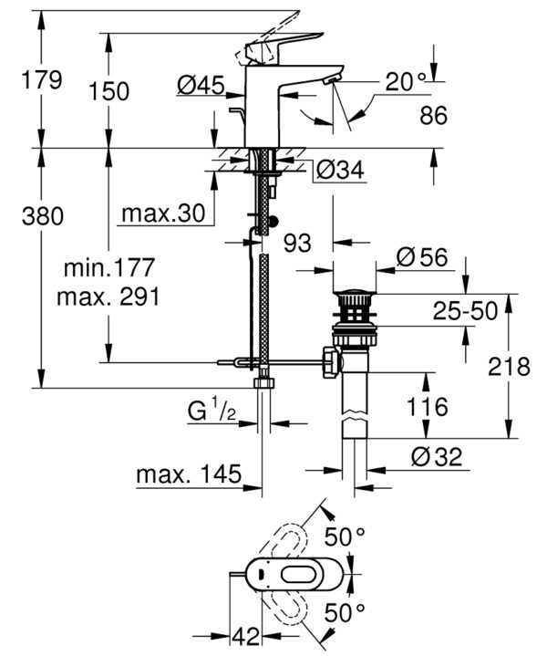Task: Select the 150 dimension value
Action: coord(109,91)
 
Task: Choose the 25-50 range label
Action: coord(465,311)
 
